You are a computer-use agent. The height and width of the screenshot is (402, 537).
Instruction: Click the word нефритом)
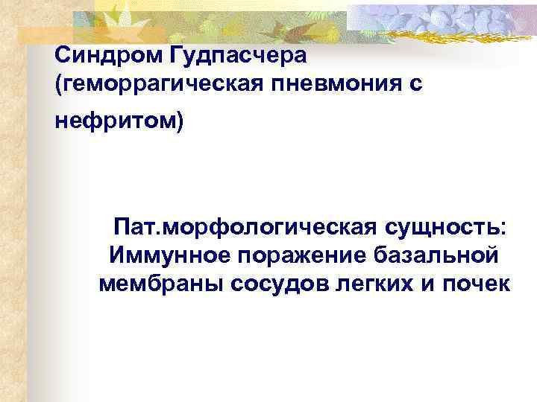(x=119, y=122)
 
